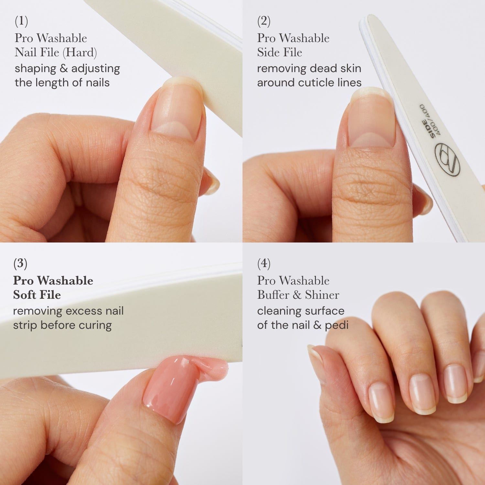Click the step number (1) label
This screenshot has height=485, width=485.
coord(21,21)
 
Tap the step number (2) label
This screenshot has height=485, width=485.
coord(264,21)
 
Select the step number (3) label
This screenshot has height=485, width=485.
coord(20,264)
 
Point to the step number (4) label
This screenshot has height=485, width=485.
coord(264,264)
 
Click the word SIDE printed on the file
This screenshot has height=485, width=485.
coord(428,129)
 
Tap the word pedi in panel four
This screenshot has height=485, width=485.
coord(337,325)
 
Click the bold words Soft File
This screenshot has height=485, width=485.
coord(37,295)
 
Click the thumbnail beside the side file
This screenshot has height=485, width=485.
coord(372,120)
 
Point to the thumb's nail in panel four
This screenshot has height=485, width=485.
coord(315,354)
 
